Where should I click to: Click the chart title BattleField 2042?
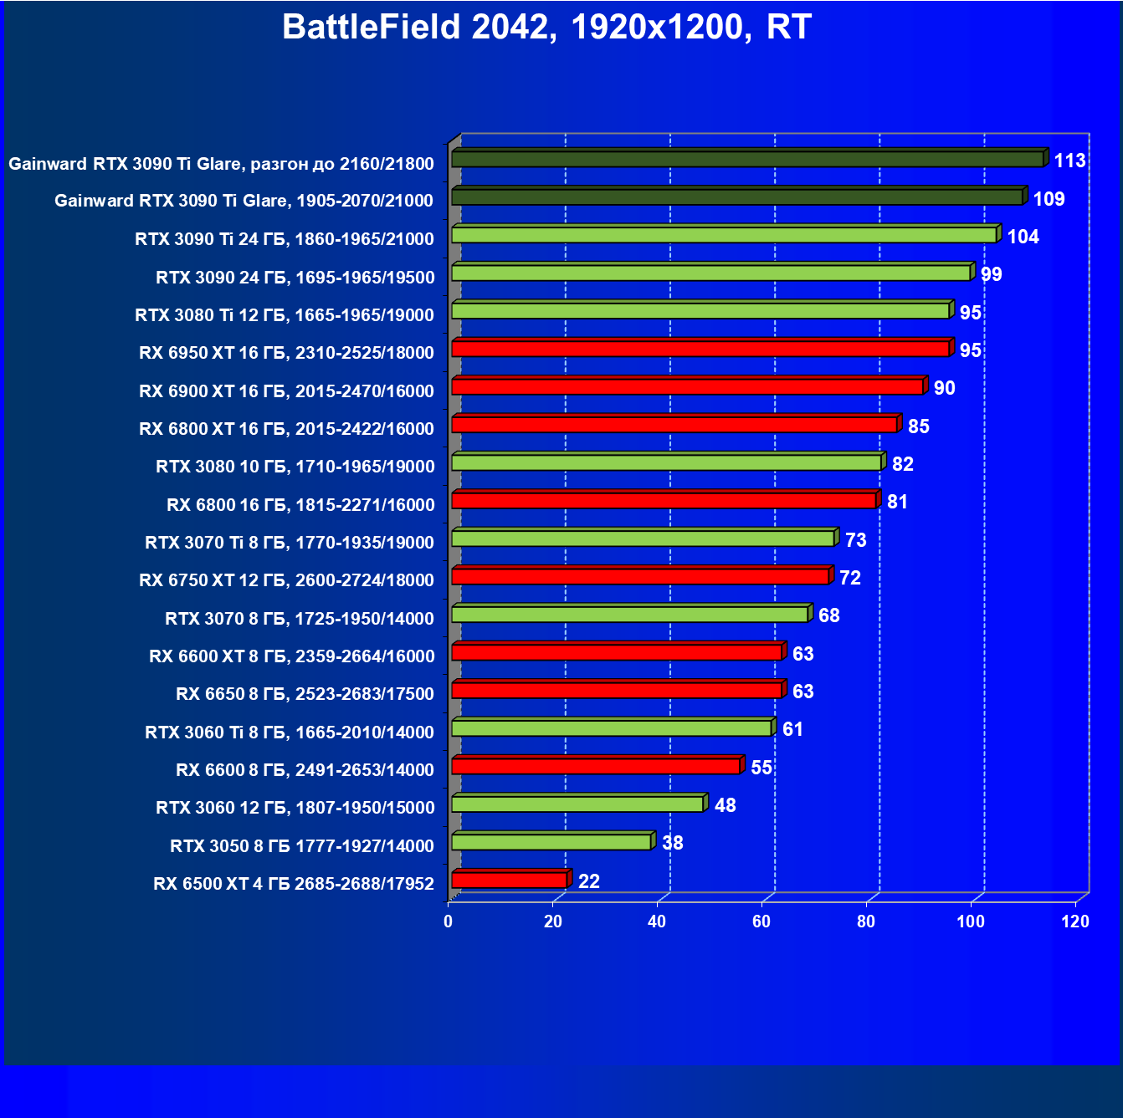pyautogui.click(x=546, y=28)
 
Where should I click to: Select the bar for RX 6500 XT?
pyautogui.click(x=509, y=880)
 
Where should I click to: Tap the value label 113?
pyautogui.click(x=1069, y=161)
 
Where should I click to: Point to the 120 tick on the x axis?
pyautogui.click(x=1075, y=921)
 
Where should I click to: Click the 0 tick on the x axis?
pyautogui.click(x=449, y=921)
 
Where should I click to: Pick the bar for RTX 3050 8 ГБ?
pyautogui.click(x=551, y=842)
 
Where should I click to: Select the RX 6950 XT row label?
pyautogui.click(x=286, y=353)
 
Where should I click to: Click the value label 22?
pyautogui.click(x=589, y=881)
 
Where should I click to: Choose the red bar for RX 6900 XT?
pyautogui.click(x=687, y=386)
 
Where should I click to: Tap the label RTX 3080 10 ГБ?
pyautogui.click(x=295, y=467)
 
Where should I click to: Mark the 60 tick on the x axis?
pyautogui.click(x=761, y=921)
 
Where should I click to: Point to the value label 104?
pyautogui.click(x=1023, y=237)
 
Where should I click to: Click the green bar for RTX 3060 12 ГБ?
pyautogui.click(x=577, y=804)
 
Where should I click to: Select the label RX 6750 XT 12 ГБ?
pyautogui.click(x=286, y=580)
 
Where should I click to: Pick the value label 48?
pyautogui.click(x=725, y=805)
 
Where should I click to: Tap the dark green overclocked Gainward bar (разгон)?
pyautogui.click(x=747, y=159)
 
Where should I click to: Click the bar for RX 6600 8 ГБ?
pyautogui.click(x=596, y=766)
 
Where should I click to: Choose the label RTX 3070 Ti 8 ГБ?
pyautogui.click(x=289, y=543)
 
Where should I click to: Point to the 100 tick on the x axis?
pyautogui.click(x=971, y=921)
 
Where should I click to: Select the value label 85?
pyautogui.click(x=918, y=426)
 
